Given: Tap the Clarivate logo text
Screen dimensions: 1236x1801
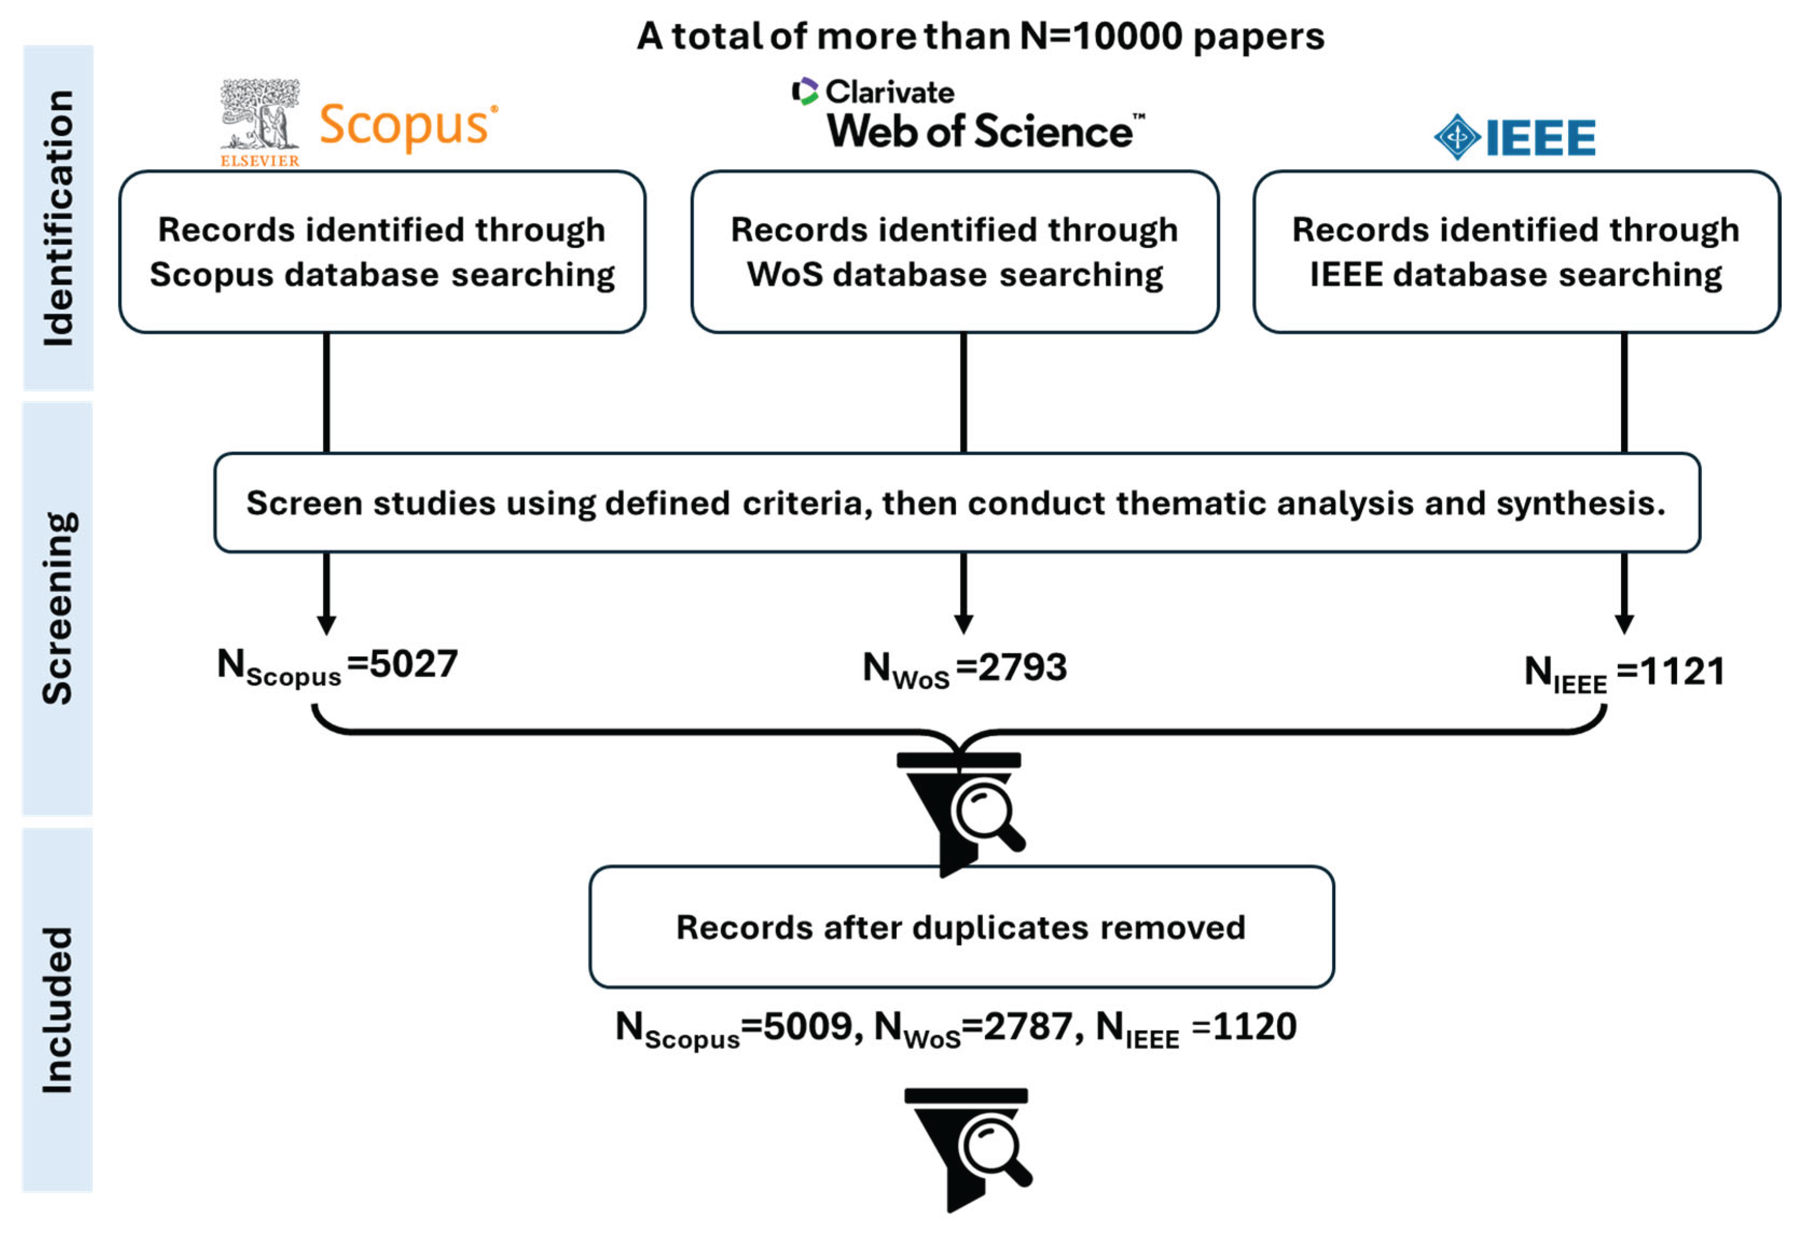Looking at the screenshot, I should pyautogui.click(x=874, y=92).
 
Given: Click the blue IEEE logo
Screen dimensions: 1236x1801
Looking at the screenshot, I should pyautogui.click(x=1514, y=138).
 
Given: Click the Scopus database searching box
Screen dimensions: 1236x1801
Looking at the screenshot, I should pyautogui.click(x=382, y=252).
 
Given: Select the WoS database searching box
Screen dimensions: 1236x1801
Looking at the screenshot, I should pyautogui.click(x=955, y=252).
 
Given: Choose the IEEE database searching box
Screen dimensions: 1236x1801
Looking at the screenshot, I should pyautogui.click(x=1516, y=252).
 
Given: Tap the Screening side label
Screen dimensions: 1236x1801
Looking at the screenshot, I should pyautogui.click(x=58, y=608).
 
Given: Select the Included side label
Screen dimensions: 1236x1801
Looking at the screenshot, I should pyautogui.click(x=58, y=1010).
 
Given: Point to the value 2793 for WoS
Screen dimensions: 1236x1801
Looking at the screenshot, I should pyautogui.click(x=1023, y=667).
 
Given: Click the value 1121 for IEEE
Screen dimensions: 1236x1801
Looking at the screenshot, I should pyautogui.click(x=1682, y=671).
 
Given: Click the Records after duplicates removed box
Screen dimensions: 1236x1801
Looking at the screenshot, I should pyautogui.click(x=961, y=927).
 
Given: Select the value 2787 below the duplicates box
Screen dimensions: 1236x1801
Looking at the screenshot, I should pyautogui.click(x=1028, y=1027).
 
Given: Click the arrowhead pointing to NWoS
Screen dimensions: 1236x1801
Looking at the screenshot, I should pyautogui.click(x=963, y=624).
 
